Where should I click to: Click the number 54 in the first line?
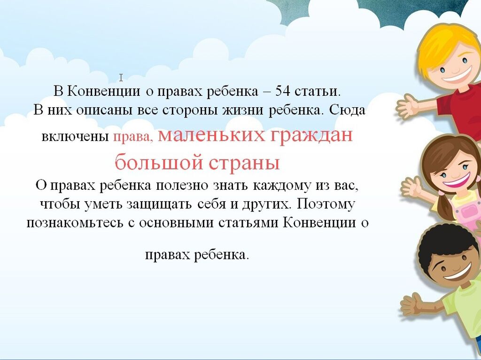(x=282, y=91)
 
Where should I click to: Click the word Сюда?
(x=347, y=110)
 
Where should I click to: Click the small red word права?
(x=133, y=137)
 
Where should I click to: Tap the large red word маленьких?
(x=211, y=135)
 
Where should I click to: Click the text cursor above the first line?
(x=121, y=78)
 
